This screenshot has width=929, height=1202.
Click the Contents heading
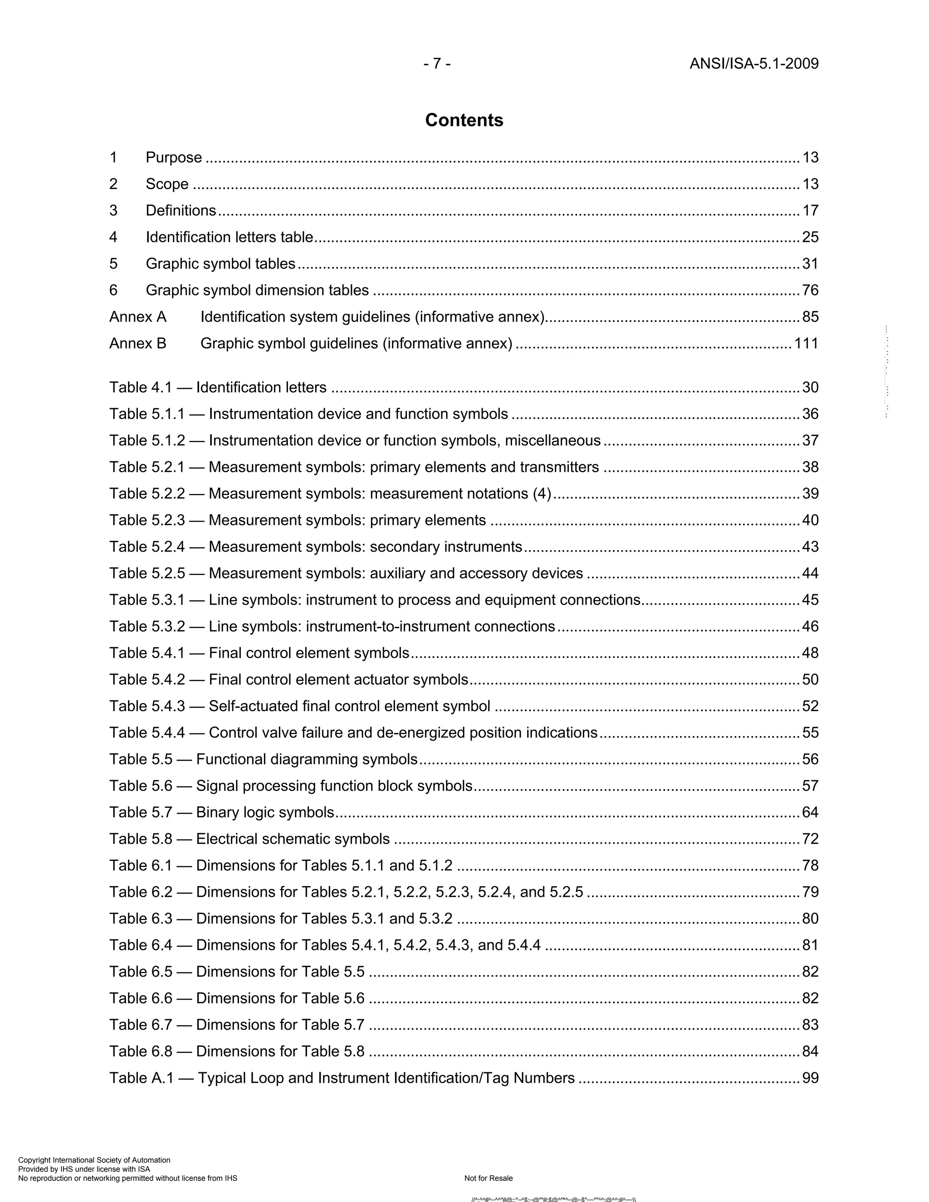click(464, 120)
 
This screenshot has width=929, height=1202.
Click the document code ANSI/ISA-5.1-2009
click(753, 64)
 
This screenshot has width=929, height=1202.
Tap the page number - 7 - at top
click(437, 64)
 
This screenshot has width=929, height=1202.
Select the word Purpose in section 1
click(173, 157)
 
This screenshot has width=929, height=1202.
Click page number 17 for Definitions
click(810, 210)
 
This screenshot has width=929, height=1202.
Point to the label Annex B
click(137, 343)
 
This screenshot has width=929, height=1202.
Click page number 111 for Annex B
click(806, 343)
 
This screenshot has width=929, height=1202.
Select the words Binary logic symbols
click(265, 812)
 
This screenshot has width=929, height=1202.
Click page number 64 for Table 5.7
click(810, 812)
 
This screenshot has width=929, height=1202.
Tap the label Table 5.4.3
click(147, 706)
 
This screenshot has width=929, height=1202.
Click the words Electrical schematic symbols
click(292, 839)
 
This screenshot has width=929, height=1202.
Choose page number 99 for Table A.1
click(810, 1078)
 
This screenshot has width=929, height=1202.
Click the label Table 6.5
click(141, 972)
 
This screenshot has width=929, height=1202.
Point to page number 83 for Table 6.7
click(810, 1025)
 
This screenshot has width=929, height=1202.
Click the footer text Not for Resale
click(488, 1178)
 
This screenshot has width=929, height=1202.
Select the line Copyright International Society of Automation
click(94, 1160)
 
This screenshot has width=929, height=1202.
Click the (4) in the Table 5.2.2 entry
click(542, 494)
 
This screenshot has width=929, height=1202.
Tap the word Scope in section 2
click(167, 184)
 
